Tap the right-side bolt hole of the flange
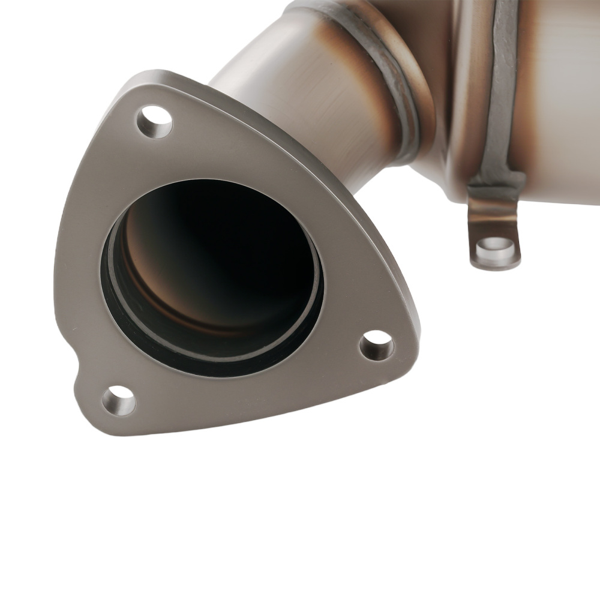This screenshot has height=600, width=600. coord(377,346)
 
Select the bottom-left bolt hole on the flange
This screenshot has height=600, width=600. coord(118,400)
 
